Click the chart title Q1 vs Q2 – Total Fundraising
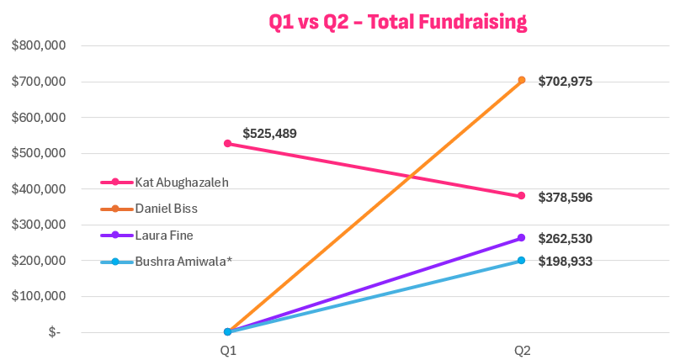click(x=398, y=21)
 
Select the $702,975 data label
click(x=566, y=81)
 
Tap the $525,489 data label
click(x=269, y=133)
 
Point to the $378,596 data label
click(x=566, y=197)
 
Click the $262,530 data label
click(x=566, y=239)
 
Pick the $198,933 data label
click(x=566, y=262)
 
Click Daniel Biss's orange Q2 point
click(x=522, y=80)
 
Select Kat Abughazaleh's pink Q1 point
click(x=227, y=144)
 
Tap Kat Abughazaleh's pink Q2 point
click(x=522, y=196)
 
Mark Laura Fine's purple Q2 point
click(x=522, y=238)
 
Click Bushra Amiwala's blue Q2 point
click(x=522, y=261)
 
